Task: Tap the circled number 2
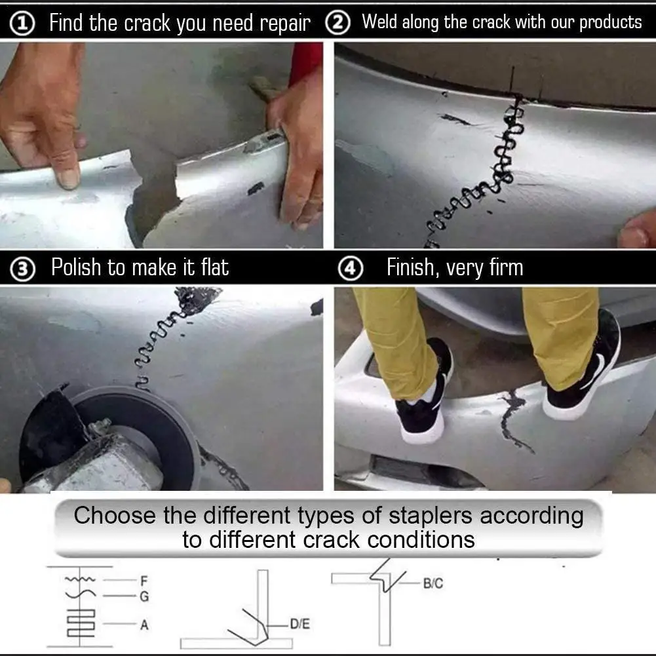point(338,24)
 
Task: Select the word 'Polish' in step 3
point(76,268)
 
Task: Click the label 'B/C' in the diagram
point(433,583)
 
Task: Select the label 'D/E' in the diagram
point(299,625)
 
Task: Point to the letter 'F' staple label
point(144,581)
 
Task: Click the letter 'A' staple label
point(144,625)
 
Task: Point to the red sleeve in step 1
point(305,62)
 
